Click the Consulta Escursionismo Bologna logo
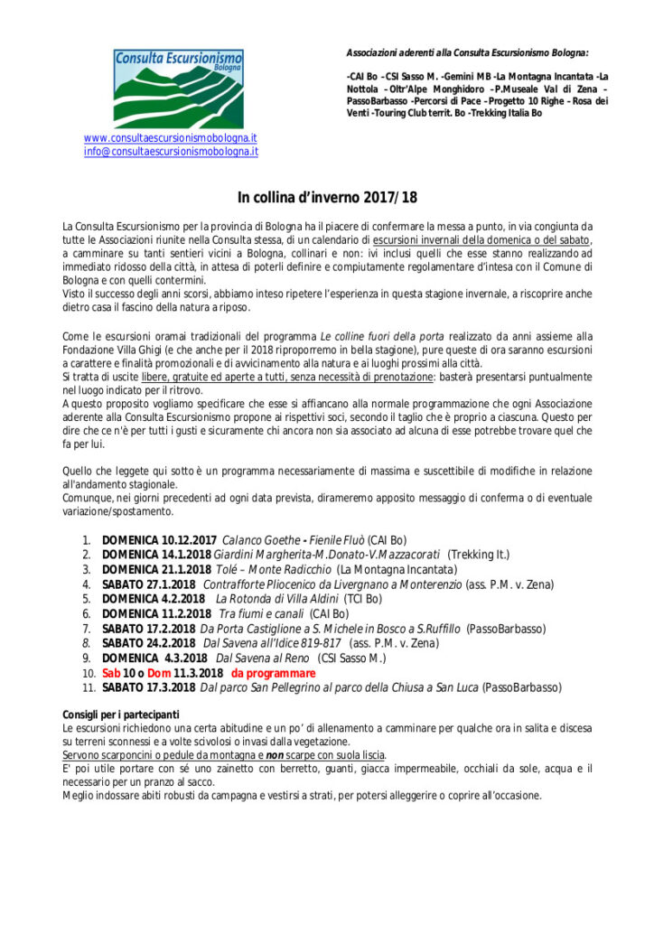click(x=178, y=88)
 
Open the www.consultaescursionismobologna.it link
click(x=171, y=138)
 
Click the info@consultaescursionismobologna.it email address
click(x=171, y=152)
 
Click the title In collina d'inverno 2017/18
click(x=327, y=198)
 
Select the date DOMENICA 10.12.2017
click(x=159, y=539)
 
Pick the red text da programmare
click(x=273, y=673)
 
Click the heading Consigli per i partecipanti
click(x=120, y=715)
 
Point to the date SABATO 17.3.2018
click(x=148, y=687)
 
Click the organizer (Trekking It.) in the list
click(x=479, y=555)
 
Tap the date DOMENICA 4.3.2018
click(x=154, y=658)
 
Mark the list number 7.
click(x=86, y=629)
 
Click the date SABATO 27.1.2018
click(x=148, y=584)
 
